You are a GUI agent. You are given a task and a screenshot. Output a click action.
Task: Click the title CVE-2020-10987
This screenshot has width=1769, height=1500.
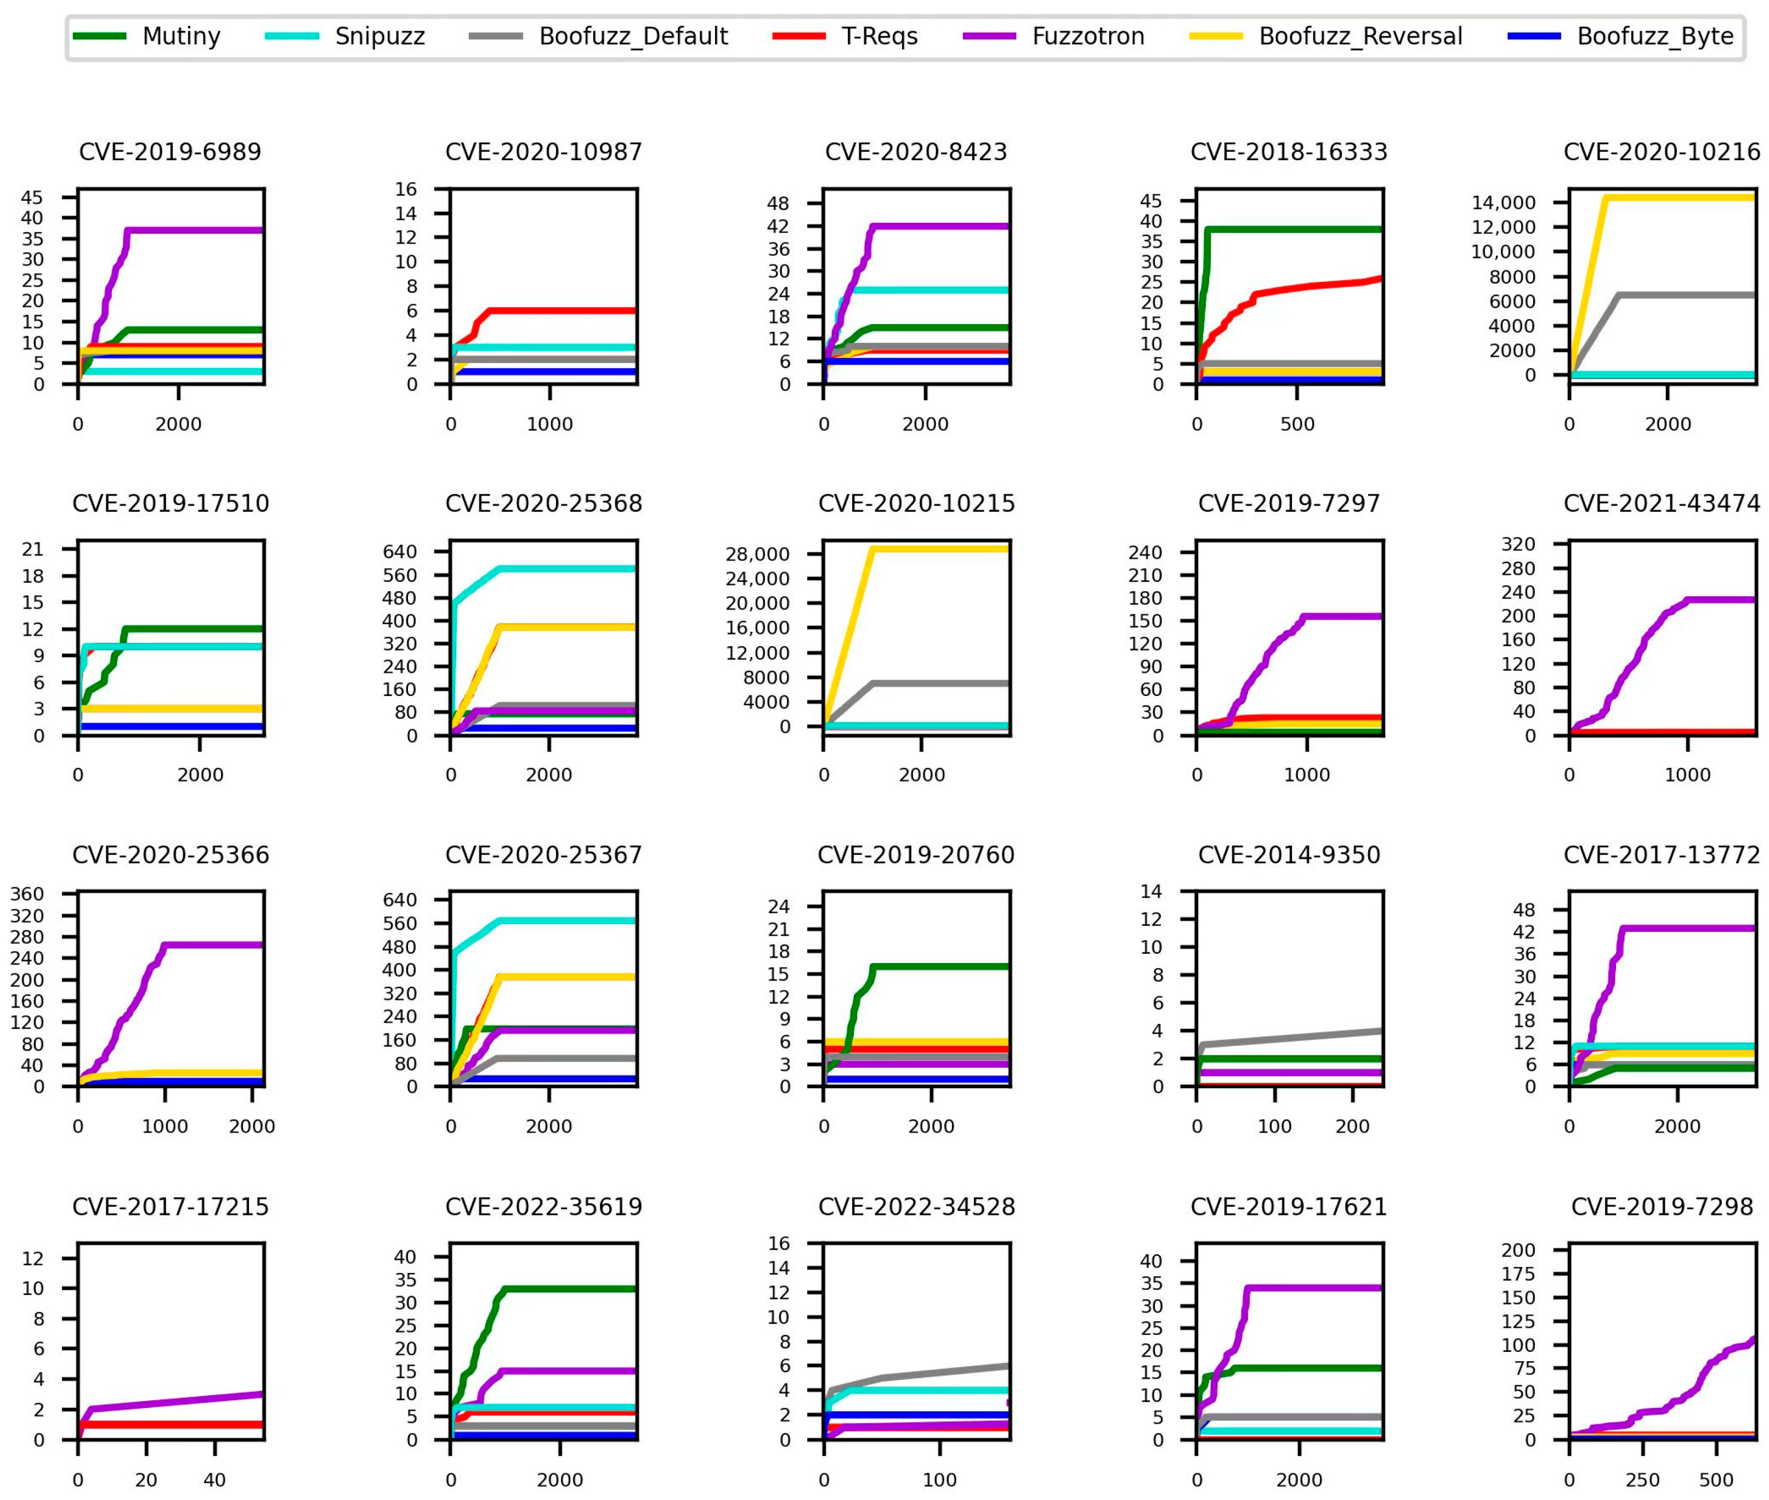click(x=543, y=152)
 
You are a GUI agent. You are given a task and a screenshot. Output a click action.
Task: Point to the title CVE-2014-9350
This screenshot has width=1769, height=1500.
click(x=1288, y=856)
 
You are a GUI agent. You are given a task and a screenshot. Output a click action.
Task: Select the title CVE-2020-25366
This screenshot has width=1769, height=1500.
click(x=170, y=856)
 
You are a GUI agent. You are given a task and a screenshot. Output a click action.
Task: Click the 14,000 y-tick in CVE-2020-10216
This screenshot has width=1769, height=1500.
click(x=1503, y=202)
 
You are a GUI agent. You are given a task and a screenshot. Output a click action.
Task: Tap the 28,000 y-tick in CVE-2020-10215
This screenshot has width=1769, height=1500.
click(x=757, y=554)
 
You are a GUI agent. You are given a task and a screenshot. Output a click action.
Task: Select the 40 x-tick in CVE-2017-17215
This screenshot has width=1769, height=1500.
click(x=214, y=1480)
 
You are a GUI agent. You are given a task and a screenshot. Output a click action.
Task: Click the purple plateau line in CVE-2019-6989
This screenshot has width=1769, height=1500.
click(x=196, y=230)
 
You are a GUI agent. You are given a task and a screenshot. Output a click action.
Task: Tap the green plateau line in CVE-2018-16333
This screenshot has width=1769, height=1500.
click(x=1292, y=230)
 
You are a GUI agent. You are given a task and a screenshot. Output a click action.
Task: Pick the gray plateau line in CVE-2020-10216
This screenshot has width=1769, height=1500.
click(x=1683, y=295)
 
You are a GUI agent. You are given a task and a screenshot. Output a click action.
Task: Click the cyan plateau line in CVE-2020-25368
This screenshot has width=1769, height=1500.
click(x=570, y=569)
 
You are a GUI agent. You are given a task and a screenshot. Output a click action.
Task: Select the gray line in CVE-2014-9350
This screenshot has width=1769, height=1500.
click(x=1292, y=1038)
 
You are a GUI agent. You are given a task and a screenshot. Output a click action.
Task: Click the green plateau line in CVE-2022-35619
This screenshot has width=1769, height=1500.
click(x=570, y=1289)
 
